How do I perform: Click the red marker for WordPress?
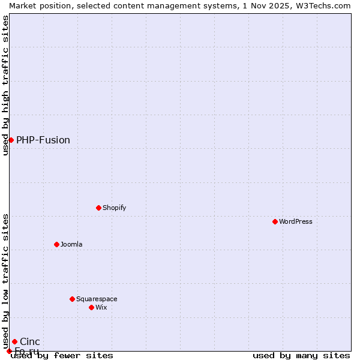(275, 221)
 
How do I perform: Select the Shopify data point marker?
(98, 208)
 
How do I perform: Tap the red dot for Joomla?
(56, 244)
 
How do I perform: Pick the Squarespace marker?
(72, 299)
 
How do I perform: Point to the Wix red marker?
(91, 307)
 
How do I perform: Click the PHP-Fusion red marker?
(11, 140)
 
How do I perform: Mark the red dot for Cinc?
(14, 341)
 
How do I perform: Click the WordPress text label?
(296, 221)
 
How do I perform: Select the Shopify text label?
(114, 208)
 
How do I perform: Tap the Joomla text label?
(71, 244)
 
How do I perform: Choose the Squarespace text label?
(97, 299)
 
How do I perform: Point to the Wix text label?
(101, 307)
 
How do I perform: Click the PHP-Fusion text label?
(43, 140)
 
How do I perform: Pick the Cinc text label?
(30, 341)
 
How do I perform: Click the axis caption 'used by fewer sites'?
(62, 355)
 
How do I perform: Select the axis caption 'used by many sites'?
(301, 355)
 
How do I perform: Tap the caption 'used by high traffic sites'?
(5, 85)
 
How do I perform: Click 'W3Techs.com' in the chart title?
(323, 5)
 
